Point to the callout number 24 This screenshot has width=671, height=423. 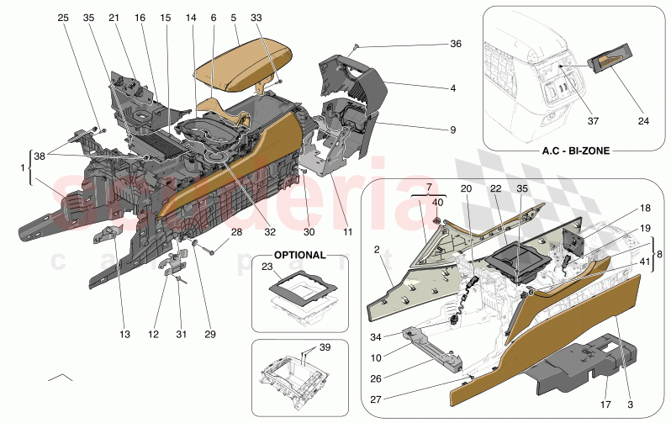point(642,121)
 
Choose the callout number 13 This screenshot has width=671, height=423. point(124,335)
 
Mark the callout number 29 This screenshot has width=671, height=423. point(209,335)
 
